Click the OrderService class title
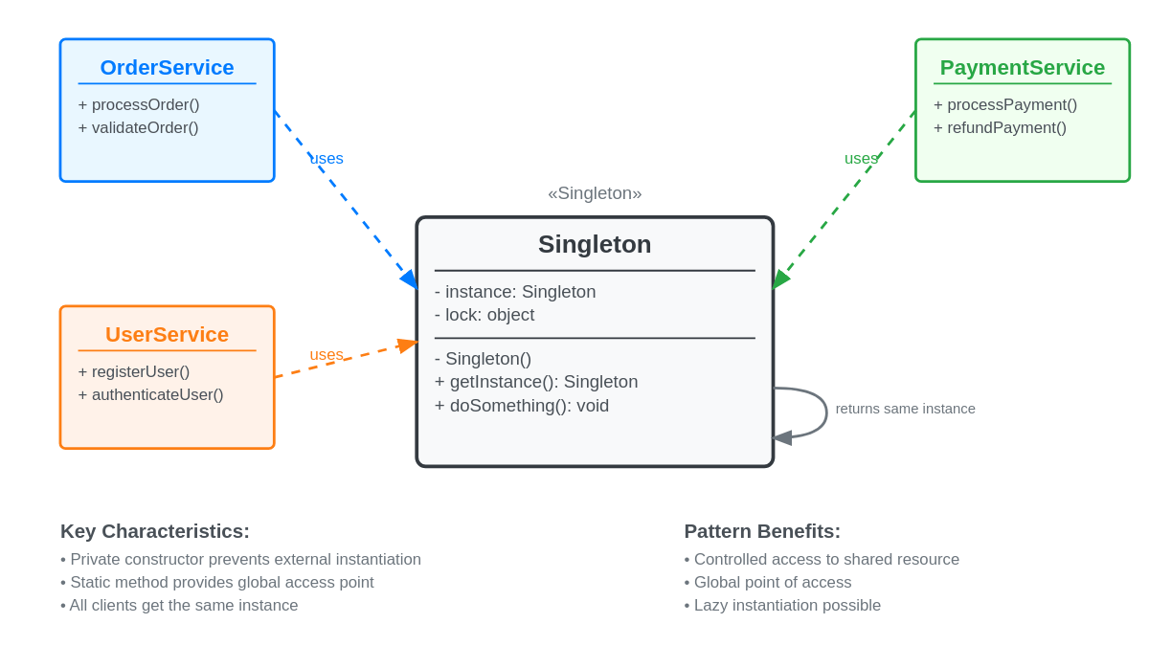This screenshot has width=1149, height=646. pos(167,68)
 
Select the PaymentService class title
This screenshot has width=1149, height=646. pos(1022,68)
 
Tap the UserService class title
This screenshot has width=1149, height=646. pos(167,335)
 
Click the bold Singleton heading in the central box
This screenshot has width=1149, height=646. pos(594,245)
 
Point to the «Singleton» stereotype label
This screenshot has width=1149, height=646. pos(595,193)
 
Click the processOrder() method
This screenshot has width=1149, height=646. pos(139,105)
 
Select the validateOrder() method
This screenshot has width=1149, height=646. pos(138,128)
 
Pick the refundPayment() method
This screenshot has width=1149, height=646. pos(1000,128)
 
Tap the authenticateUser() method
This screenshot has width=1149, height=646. pos(150,395)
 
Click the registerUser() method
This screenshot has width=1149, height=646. pos(134,372)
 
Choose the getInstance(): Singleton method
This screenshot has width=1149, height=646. pos(536,382)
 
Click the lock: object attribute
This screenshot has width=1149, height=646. pos(484,315)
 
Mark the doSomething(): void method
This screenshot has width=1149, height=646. pos(522,406)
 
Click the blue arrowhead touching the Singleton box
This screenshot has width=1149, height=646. pos(410,279)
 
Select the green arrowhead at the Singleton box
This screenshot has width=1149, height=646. pos(779,279)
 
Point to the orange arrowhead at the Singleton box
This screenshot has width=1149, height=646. pos(407,345)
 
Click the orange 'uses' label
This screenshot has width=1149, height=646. pos(327,355)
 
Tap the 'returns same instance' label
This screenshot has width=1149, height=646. pos(905,409)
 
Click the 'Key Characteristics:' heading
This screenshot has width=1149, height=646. pos(155,531)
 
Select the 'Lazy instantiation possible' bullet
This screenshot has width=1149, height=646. pos(782,606)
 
